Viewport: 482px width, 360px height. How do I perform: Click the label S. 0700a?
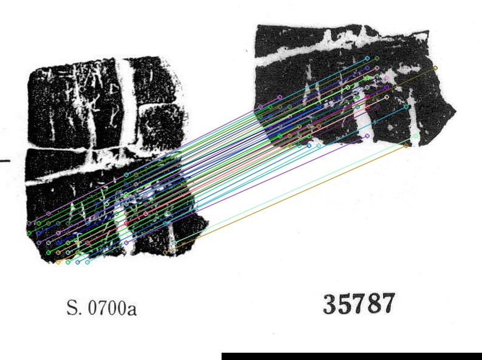coord(101,307)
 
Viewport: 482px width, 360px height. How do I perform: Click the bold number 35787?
coord(359,304)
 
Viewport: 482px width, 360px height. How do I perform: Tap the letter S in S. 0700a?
coord(72,307)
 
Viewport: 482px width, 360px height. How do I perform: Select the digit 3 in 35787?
coord(330,304)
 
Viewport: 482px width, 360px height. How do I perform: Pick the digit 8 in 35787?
coord(373,304)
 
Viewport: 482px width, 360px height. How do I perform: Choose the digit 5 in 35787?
coord(344,304)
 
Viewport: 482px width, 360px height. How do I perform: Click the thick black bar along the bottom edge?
coord(351,356)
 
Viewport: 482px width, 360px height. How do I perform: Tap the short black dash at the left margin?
coord(5,160)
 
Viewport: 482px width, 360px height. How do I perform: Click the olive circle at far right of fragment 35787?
coord(435,68)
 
